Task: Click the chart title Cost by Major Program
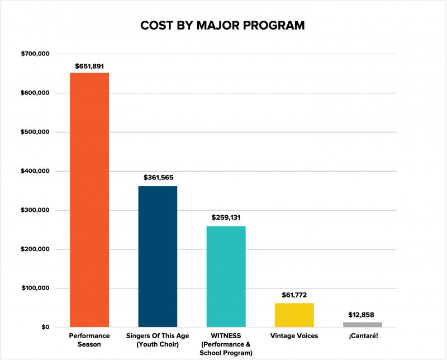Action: click(222, 26)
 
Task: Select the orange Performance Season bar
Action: click(89, 200)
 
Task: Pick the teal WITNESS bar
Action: click(226, 276)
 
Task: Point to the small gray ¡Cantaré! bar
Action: click(362, 324)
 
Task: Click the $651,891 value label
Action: click(89, 66)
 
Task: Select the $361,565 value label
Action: click(158, 178)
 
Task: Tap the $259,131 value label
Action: click(226, 217)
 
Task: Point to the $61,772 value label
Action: click(294, 295)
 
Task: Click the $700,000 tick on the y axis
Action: click(36, 54)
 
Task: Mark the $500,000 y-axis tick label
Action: click(36, 132)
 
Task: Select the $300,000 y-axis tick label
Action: click(36, 210)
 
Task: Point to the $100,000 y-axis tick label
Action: click(36, 288)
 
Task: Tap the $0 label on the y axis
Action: click(44, 328)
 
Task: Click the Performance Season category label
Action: click(89, 340)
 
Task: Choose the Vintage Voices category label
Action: click(294, 336)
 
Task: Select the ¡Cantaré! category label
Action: click(362, 336)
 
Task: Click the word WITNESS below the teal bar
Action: click(226, 336)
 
